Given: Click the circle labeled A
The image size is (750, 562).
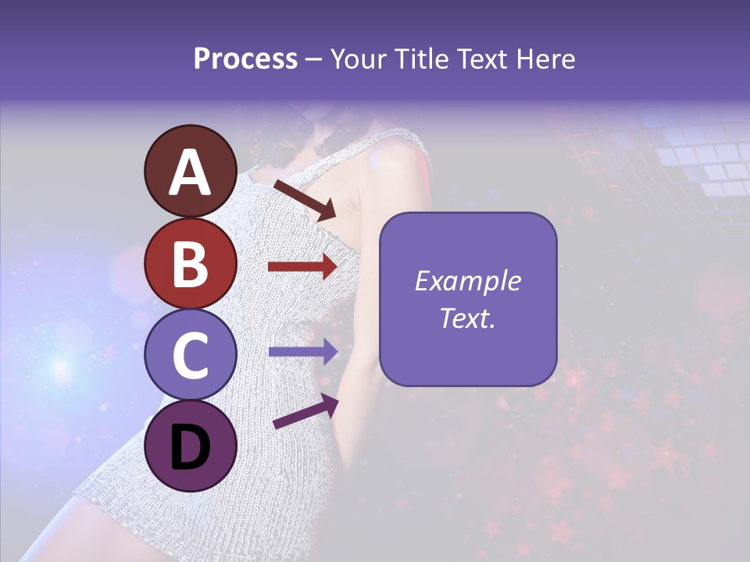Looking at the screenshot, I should (190, 171).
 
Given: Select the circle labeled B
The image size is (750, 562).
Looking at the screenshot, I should (190, 263).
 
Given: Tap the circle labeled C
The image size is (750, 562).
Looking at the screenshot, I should (190, 355).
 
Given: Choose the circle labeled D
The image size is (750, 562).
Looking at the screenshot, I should (190, 446).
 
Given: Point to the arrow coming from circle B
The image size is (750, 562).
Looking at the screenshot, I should (302, 267).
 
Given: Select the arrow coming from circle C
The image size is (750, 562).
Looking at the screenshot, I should (302, 351).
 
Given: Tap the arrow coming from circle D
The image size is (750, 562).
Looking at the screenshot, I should (305, 412).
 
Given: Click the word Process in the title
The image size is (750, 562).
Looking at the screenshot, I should (245, 59).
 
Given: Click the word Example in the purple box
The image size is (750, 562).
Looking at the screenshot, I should (467, 282).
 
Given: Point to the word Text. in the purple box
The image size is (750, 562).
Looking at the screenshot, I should (467, 318).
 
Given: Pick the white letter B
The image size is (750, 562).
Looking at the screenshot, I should (190, 263).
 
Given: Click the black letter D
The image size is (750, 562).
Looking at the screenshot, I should (190, 447).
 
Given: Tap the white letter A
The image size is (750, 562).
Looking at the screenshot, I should (190, 173).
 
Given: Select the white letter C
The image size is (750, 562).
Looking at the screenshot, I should (190, 355).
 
